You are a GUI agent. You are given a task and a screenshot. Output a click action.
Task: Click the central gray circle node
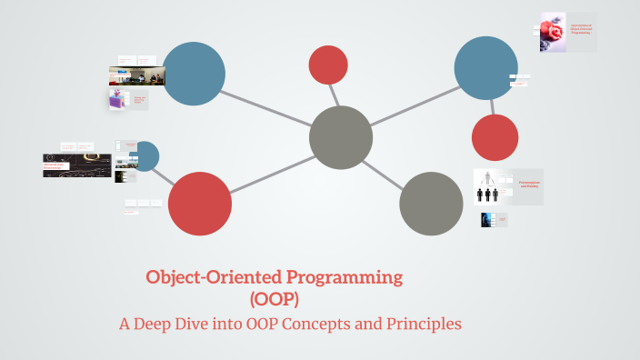(x=341, y=137)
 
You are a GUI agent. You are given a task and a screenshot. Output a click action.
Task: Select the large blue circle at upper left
(x=194, y=74)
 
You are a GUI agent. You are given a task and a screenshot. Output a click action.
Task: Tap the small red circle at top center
(x=328, y=65)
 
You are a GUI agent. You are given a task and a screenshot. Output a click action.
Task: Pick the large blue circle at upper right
(x=485, y=68)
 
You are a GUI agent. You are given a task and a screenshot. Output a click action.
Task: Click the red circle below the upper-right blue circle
(x=495, y=138)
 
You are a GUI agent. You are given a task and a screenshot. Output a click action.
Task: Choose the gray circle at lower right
(x=431, y=203)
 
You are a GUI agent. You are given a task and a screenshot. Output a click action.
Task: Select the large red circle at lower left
(x=200, y=204)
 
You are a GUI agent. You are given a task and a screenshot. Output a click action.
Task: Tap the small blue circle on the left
(x=145, y=156)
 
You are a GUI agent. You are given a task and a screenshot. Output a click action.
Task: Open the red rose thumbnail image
(x=552, y=33)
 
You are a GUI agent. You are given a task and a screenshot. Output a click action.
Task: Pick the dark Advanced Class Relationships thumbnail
(x=77, y=165)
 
